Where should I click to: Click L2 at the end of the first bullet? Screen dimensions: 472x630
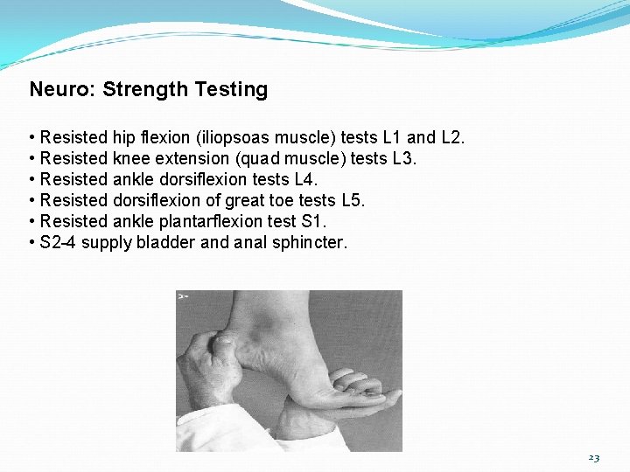(x=453, y=137)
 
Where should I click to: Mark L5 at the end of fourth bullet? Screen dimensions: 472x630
(x=352, y=200)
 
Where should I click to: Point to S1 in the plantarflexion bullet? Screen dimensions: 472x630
(x=312, y=221)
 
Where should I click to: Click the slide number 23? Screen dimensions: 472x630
(x=594, y=457)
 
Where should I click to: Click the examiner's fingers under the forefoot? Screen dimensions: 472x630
(x=354, y=389)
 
